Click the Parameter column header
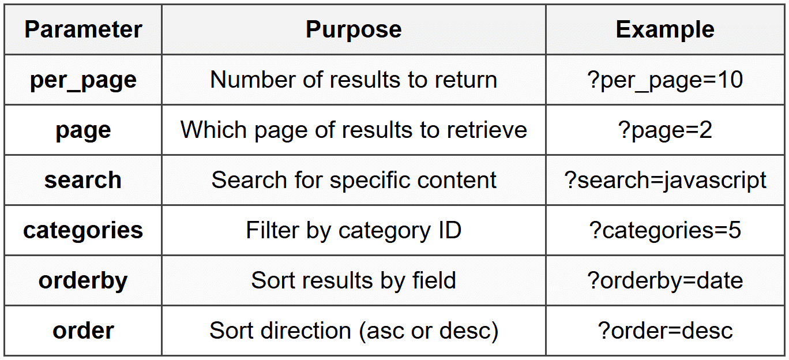coord(83,29)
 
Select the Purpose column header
coord(354,29)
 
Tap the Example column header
coord(665,29)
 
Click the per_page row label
coord(83,81)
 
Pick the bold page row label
coord(83,131)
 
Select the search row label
coord(83,180)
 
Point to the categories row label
coord(83,231)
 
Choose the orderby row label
coord(83,281)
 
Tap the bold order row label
coord(83,331)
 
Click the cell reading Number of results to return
coord(354,80)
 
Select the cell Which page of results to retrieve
coord(354,130)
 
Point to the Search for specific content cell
coord(354,181)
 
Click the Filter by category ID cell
coord(354,231)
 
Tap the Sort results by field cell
coord(354,281)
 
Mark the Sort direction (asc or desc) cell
coord(354,331)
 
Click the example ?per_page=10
coord(665,81)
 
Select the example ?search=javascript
coord(665,181)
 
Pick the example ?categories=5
coord(665,231)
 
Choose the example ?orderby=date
coord(665,281)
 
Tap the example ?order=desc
coord(665,331)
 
